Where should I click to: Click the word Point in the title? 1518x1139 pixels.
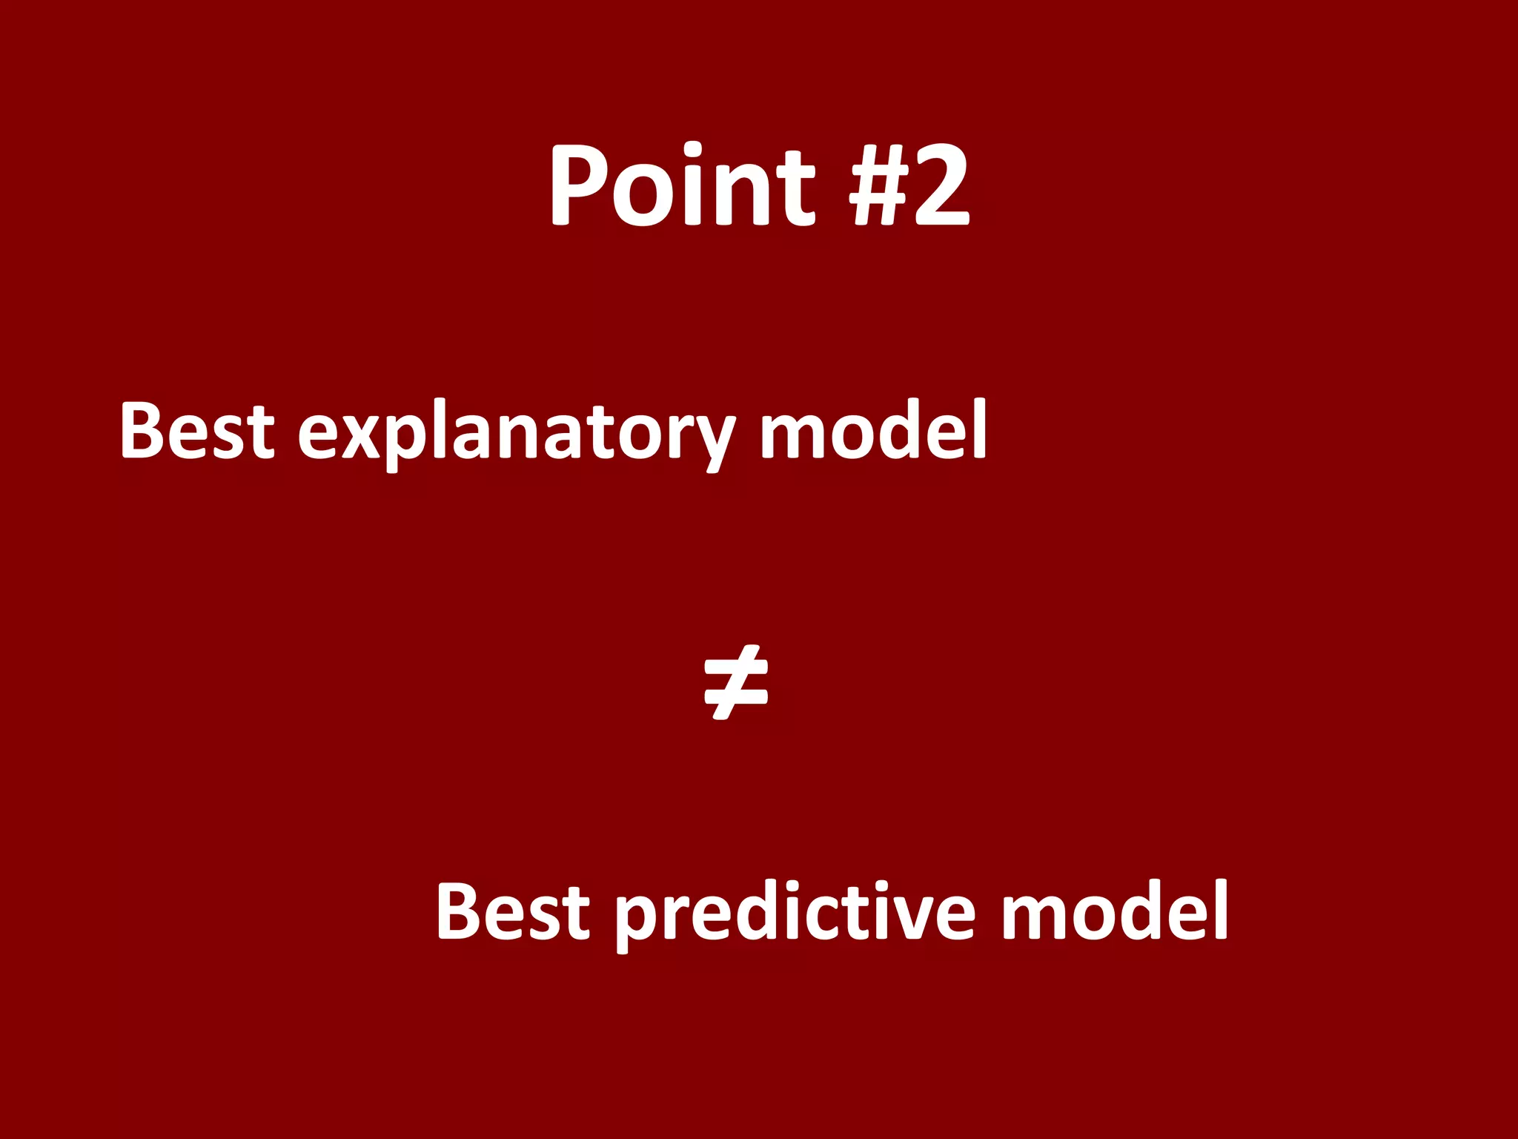pyautogui.click(x=682, y=185)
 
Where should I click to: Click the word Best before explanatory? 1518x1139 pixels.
pyautogui.click(x=197, y=430)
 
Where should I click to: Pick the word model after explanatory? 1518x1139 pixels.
pyautogui.click(x=873, y=430)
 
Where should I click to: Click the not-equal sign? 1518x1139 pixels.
pyautogui.click(x=735, y=683)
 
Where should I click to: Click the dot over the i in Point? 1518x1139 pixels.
pyautogui.click(x=693, y=148)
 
